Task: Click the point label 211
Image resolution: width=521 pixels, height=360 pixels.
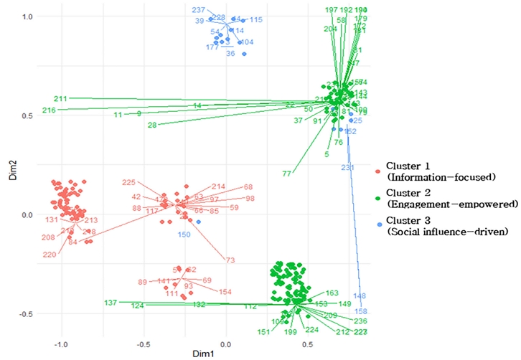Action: click(60, 98)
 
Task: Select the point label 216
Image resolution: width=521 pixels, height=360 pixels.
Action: click(49, 110)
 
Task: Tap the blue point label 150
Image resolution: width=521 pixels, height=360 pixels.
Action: click(184, 234)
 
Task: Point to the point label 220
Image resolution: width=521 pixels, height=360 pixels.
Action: click(49, 255)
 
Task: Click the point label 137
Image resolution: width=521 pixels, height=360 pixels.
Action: click(111, 303)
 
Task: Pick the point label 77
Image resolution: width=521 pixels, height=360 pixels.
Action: click(287, 174)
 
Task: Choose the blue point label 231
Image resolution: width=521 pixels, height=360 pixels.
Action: click(347, 168)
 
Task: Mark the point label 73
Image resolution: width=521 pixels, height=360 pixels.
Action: click(230, 260)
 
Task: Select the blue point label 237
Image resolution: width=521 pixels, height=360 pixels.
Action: click(199, 10)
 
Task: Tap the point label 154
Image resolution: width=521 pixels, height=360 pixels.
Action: click(225, 292)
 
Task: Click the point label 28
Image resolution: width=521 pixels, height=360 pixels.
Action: click(152, 125)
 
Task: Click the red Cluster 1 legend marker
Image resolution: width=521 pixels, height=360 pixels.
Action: click(378, 170)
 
